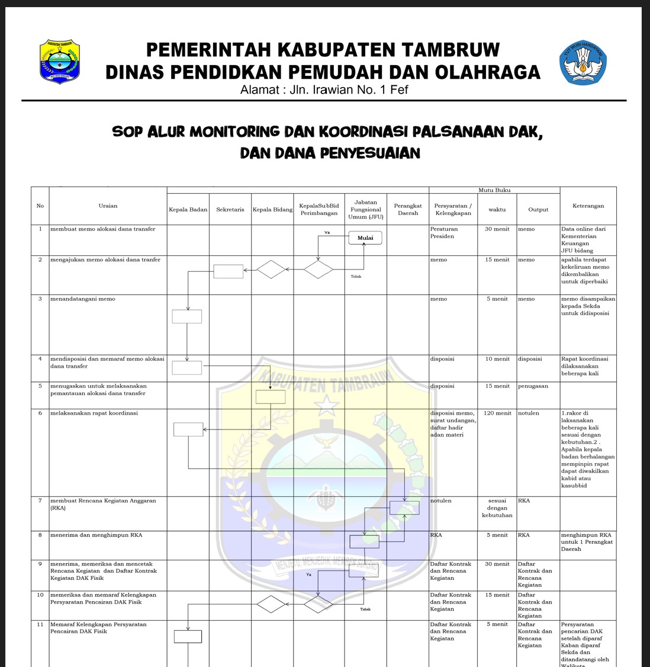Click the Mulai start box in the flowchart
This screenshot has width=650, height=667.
(365, 238)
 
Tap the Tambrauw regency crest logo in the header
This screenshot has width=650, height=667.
(60, 62)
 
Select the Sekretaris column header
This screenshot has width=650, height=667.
(230, 210)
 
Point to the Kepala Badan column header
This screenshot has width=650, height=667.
(188, 210)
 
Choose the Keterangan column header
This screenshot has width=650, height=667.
(588, 206)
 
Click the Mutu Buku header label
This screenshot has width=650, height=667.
(494, 190)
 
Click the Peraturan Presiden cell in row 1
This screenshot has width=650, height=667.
(443, 233)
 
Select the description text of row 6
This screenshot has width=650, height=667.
(94, 413)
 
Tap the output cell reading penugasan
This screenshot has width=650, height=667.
(532, 386)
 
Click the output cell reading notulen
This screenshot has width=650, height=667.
(529, 413)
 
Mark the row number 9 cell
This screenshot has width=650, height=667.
(40, 564)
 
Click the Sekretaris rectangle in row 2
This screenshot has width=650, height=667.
(229, 271)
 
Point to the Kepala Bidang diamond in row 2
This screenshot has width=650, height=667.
(272, 270)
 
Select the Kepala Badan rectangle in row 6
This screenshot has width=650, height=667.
(188, 429)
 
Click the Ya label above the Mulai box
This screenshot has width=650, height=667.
(327, 233)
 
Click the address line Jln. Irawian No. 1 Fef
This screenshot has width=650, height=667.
(324, 90)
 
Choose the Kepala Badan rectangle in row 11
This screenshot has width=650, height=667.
(188, 636)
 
